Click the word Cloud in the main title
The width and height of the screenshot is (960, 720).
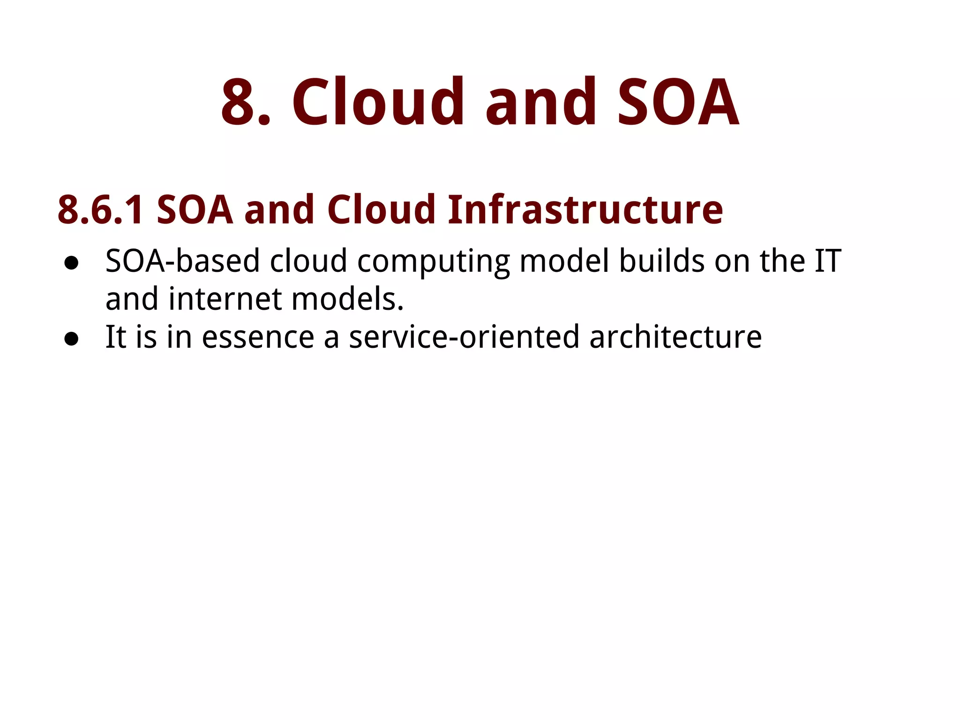378,102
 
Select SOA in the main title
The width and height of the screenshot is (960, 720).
678,102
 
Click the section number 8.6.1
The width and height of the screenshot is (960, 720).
100,210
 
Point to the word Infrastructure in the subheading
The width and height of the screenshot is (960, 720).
585,210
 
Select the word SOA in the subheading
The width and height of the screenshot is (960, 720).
195,210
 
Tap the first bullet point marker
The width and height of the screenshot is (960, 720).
71,263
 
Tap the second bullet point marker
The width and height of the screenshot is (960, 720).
71,339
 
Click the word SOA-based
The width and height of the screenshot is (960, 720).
182,261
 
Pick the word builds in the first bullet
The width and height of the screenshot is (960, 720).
661,261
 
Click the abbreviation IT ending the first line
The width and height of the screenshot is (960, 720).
828,261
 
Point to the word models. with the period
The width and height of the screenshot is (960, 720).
347,299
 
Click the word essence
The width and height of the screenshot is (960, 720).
258,337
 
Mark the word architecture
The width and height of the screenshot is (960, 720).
675,337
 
